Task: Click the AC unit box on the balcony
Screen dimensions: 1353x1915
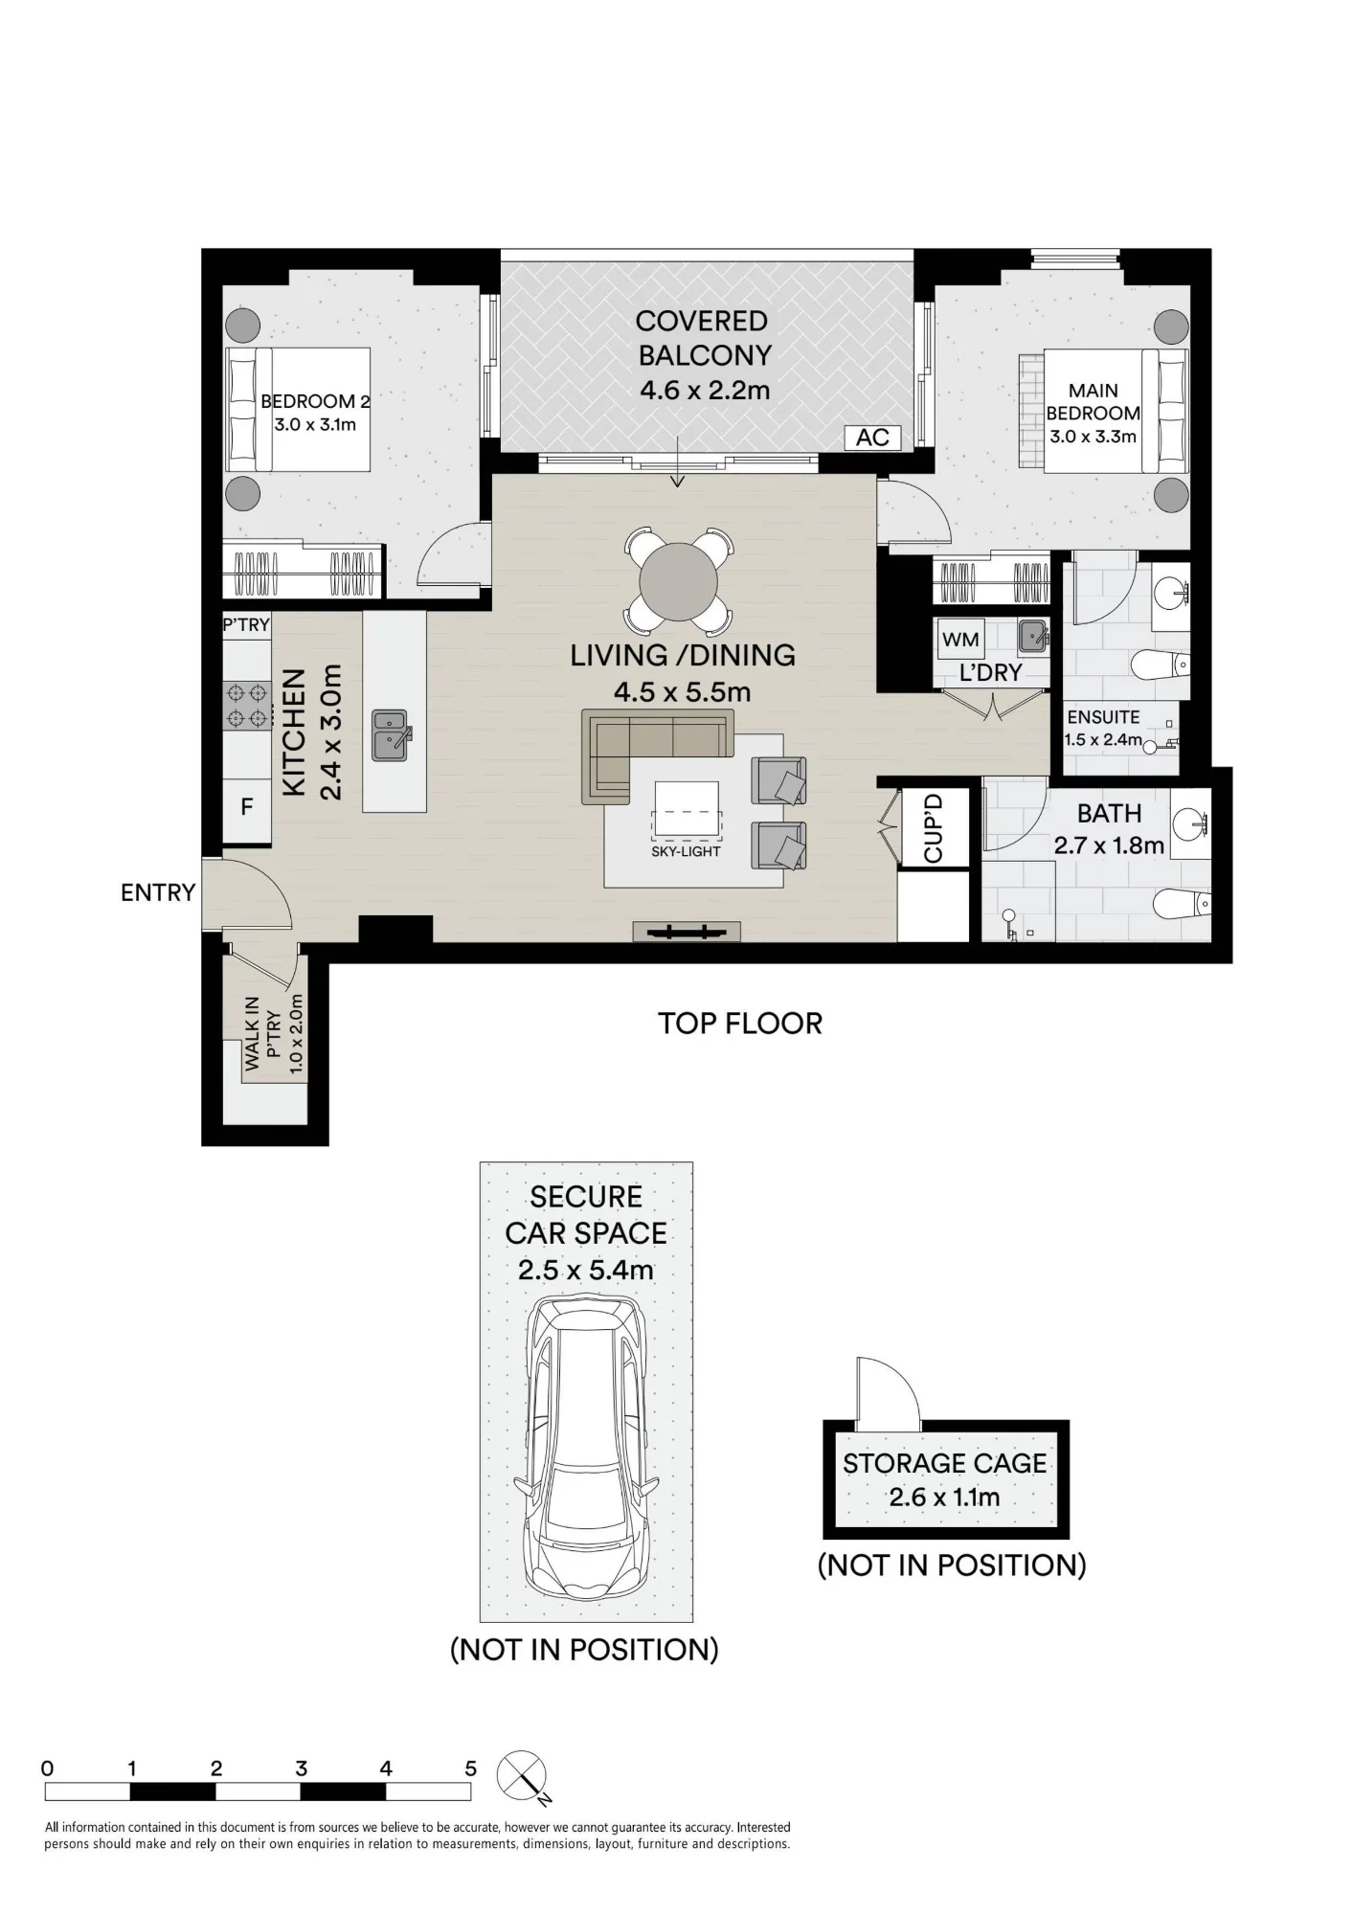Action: click(872, 438)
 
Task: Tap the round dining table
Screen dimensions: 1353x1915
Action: click(678, 582)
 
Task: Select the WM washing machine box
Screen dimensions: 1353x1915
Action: click(960, 640)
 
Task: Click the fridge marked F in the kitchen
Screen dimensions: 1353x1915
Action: click(247, 806)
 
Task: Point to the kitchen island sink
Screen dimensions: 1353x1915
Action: click(391, 734)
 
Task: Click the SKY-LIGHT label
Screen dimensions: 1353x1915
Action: click(686, 851)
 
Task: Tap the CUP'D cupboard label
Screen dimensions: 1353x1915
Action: click(934, 827)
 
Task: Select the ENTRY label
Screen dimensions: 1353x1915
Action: click(158, 892)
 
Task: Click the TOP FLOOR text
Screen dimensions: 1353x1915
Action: click(740, 1024)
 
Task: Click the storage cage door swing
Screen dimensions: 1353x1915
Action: click(888, 1391)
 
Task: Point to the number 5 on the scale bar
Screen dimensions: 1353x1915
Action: click(470, 1769)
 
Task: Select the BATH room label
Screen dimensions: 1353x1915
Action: click(1109, 814)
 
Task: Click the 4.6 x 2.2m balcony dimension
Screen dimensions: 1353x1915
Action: click(705, 391)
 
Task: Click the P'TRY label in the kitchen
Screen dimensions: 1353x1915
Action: click(246, 625)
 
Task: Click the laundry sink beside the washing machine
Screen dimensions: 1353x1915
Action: click(1032, 634)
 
